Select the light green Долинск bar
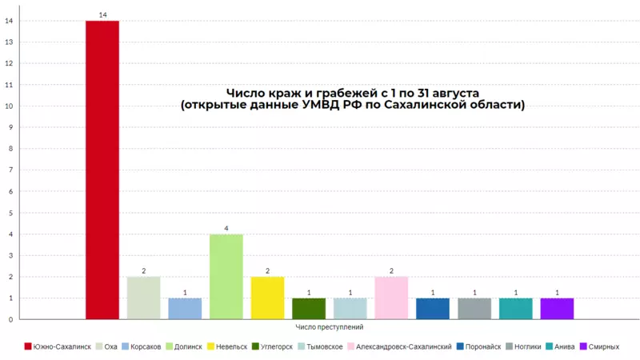pyautogui.click(x=226, y=277)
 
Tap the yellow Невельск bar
pyautogui.click(x=267, y=298)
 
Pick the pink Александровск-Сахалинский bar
pyautogui.click(x=391, y=298)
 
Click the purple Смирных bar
pyautogui.click(x=557, y=309)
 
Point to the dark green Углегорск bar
pyautogui.click(x=309, y=309)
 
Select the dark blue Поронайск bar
pyautogui.click(x=433, y=309)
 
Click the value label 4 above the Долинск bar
pyautogui.click(x=226, y=228)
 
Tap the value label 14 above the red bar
pyautogui.click(x=102, y=14)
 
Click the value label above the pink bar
pyautogui.click(x=391, y=271)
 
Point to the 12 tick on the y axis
pyautogui.click(x=9, y=63)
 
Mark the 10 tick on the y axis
pyautogui.click(x=9, y=106)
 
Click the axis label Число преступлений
pyautogui.click(x=330, y=327)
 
